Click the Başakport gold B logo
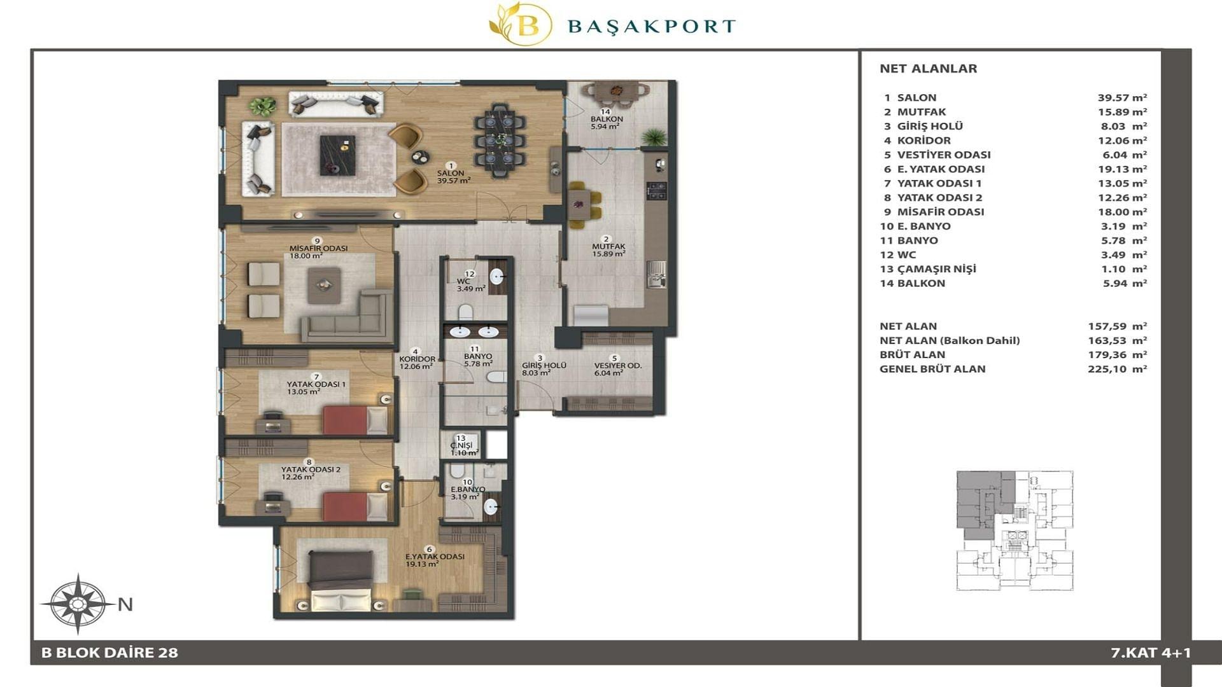coord(520,24)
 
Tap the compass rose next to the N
coord(78,604)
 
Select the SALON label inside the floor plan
coord(451,173)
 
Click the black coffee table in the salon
coord(337,155)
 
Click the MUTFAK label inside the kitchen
coord(608,246)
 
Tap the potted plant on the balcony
coord(653,137)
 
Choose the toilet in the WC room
coord(465,312)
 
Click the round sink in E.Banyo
coord(491,507)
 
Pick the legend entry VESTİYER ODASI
coord(943,155)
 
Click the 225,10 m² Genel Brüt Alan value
coord(1117,369)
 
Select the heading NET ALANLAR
coord(928,69)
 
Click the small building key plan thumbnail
coord(1015,531)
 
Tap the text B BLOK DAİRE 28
coord(109,653)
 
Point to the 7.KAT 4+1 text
coord(1151,653)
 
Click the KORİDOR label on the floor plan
coord(417,359)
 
